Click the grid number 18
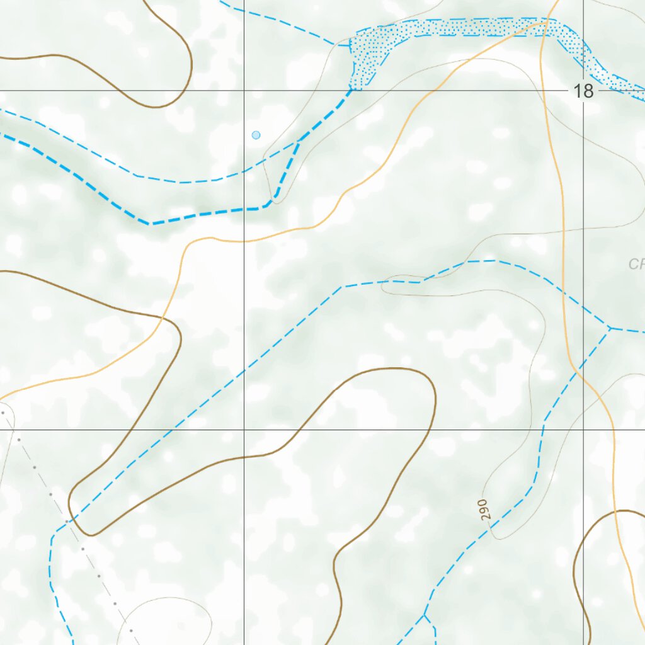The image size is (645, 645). click(x=584, y=91)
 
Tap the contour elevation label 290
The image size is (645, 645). click(x=483, y=509)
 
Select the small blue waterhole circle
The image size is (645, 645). click(x=256, y=135)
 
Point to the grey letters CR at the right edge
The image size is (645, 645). click(x=636, y=264)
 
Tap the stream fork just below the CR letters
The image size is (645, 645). click(x=609, y=328)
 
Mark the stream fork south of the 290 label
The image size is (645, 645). click(x=424, y=614)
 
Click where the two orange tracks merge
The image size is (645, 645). click(x=547, y=22)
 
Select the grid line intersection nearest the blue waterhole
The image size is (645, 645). click(x=244, y=91)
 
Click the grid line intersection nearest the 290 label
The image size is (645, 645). click(x=583, y=430)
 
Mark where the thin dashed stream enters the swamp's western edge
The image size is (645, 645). click(x=350, y=45)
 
